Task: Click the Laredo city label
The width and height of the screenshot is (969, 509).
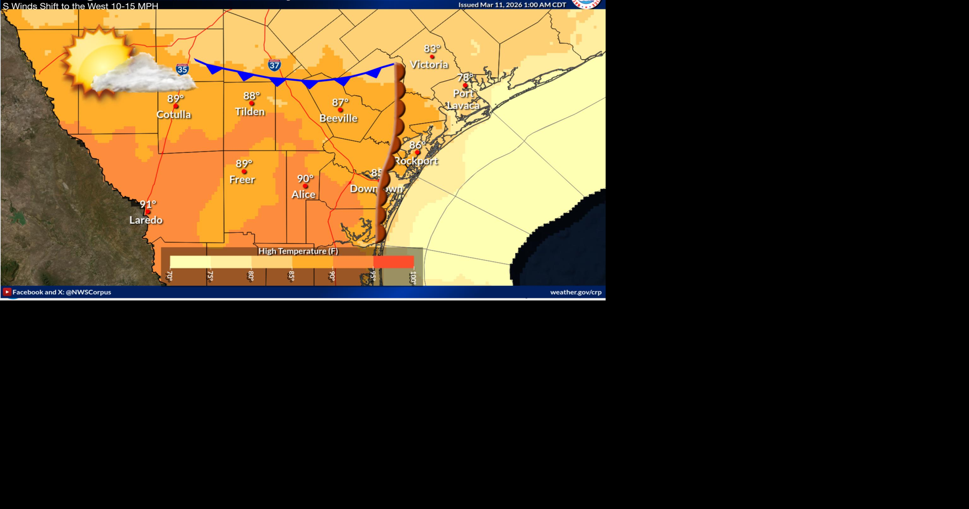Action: coord(146,220)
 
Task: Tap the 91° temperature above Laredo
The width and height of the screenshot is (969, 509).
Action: coord(148,205)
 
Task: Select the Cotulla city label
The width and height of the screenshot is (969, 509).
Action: coord(174,115)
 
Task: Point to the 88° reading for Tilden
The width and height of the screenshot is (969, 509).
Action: coord(251,96)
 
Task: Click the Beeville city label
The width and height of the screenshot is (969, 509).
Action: coord(338,118)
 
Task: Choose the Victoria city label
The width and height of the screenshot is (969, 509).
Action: coord(429,65)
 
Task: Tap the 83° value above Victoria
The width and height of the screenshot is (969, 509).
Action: coord(432,49)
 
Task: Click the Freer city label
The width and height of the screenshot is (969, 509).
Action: coord(242,180)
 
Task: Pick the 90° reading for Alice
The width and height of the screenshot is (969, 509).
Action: coord(305,179)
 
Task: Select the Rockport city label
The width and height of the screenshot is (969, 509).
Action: coord(416,161)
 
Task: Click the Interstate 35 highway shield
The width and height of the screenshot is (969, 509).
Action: coord(182,69)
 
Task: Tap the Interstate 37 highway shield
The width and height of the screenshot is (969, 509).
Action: coord(274,65)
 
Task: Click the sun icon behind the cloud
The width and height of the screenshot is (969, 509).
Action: coord(96,58)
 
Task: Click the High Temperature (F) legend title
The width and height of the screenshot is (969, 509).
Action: coord(298,251)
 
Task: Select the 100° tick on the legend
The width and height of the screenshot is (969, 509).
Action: coord(413,277)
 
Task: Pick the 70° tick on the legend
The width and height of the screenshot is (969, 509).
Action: coord(170,276)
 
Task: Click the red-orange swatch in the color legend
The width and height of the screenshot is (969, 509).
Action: coord(394,262)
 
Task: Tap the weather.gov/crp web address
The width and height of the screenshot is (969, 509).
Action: coord(575,292)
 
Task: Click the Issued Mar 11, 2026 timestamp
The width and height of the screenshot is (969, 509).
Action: coord(512,5)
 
